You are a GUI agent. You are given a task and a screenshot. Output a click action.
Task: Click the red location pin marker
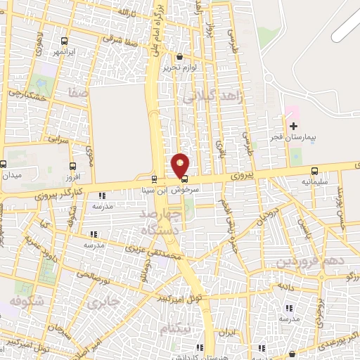pos(181,165)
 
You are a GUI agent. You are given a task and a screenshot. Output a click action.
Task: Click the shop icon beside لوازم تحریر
pos(179,57)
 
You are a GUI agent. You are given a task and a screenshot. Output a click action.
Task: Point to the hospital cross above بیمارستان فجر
pos(292,124)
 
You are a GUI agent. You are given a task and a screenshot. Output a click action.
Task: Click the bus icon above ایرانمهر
pos(65,41)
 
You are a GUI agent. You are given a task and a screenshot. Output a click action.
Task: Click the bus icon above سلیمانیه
pos(314,171)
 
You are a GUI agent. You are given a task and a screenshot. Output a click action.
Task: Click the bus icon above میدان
pos(4,164)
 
